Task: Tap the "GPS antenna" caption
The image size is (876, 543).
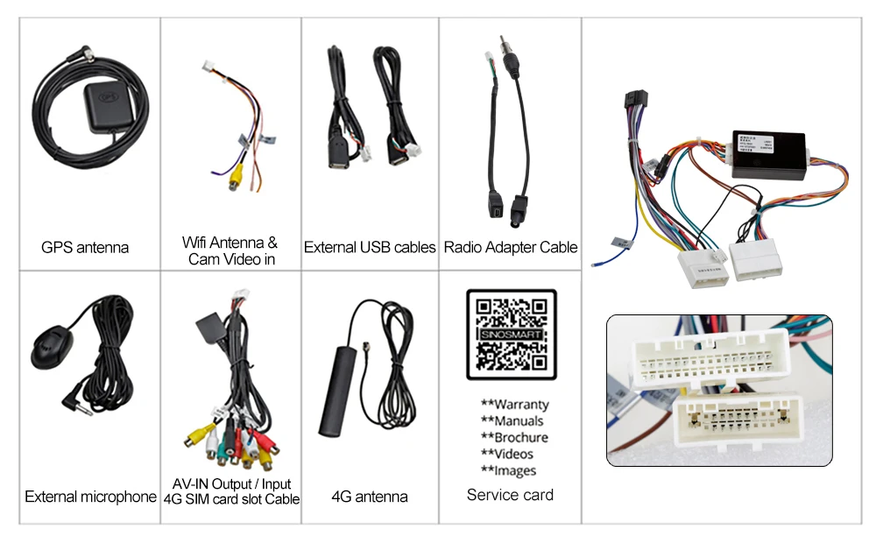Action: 85,248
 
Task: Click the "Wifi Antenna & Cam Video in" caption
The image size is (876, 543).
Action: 230,250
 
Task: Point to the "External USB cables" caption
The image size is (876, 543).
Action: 370,248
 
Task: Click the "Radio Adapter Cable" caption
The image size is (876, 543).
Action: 511,248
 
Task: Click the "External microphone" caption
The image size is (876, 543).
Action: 90,497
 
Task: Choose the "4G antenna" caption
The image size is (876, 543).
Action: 369,497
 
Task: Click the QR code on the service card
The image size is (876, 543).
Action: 511,335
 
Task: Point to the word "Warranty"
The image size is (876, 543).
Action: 515,405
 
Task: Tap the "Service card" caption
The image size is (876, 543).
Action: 510,496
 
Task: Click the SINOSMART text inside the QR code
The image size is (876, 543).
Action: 511,335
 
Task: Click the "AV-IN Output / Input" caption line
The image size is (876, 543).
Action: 231,484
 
